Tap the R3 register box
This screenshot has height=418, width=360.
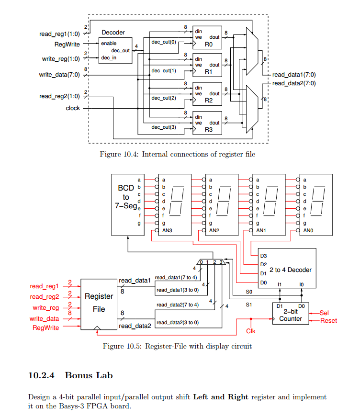(x=207, y=124)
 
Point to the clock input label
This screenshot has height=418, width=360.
(x=73, y=108)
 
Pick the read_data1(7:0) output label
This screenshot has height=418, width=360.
(x=294, y=75)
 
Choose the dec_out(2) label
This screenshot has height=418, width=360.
(x=164, y=98)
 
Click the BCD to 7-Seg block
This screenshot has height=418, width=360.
(x=126, y=203)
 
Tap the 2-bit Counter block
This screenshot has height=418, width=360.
(x=290, y=314)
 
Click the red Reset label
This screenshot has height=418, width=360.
(x=328, y=321)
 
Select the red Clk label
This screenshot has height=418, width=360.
(x=251, y=331)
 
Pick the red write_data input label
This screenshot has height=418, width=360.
(x=45, y=318)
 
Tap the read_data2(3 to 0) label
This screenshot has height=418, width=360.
(x=177, y=322)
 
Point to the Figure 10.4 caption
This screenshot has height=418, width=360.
(x=177, y=154)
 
